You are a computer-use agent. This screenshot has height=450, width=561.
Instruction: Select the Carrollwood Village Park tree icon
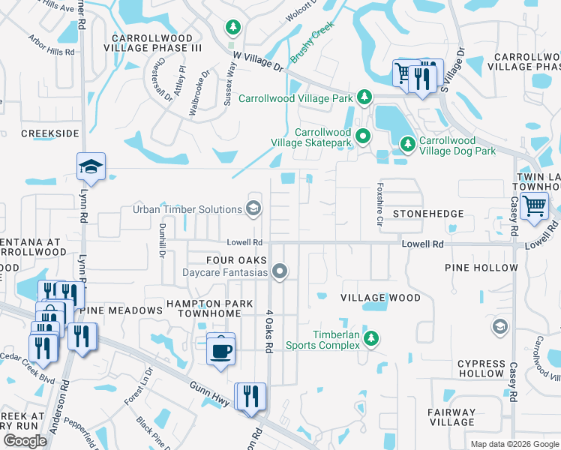coord(364,97)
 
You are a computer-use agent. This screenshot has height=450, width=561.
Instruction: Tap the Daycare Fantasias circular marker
coord(280,271)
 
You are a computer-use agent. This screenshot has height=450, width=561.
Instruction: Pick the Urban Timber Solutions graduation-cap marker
coord(253,208)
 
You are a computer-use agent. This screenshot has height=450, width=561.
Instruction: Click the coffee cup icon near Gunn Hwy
coord(220,350)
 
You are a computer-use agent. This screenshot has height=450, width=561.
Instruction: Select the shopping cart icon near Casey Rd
coord(533,205)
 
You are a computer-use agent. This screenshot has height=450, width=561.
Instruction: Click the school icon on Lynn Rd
coord(91,166)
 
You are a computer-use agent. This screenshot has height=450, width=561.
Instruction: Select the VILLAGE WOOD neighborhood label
coord(380,298)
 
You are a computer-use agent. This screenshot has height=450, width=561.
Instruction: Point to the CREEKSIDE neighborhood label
coord(49,133)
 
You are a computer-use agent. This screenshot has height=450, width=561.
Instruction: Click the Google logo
coord(25,441)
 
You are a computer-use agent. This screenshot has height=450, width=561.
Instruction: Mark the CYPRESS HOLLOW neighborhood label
coord(481,368)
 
